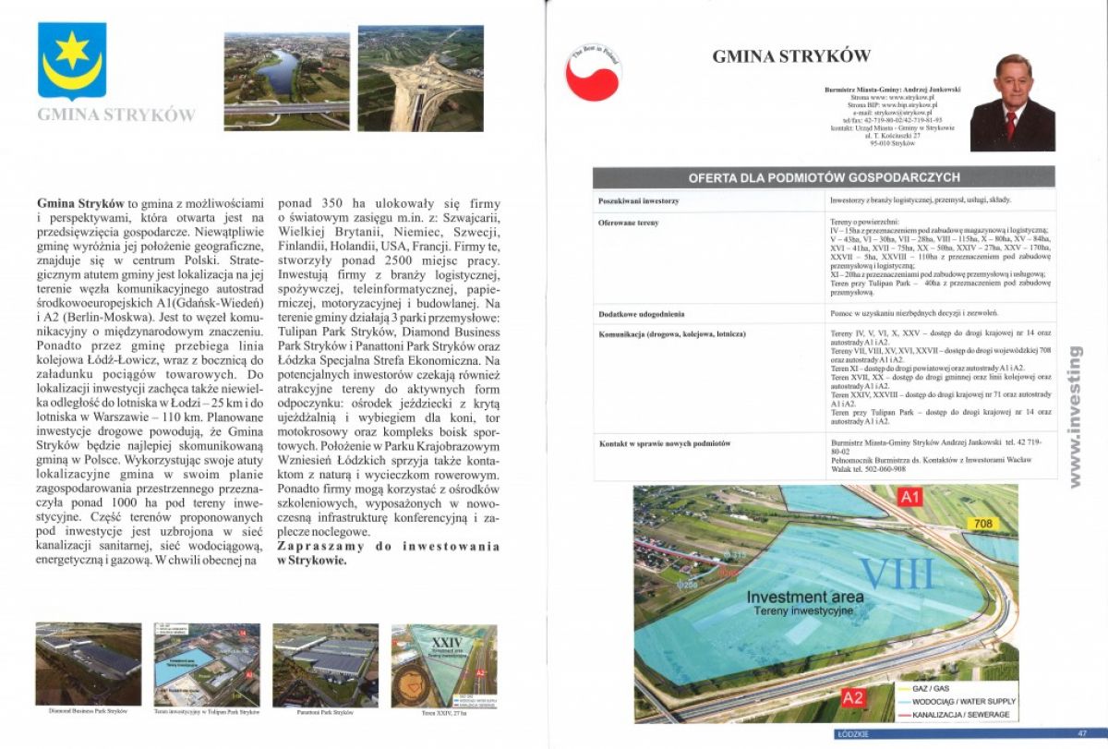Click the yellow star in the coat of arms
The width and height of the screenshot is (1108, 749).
coord(72,50)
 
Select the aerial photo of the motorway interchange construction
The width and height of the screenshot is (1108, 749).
coord(420,78)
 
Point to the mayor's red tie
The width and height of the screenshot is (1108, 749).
coord(1011,124)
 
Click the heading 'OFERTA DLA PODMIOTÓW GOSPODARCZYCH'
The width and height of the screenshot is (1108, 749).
coord(824,177)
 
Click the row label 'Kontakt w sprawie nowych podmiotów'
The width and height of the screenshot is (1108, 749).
coord(664,443)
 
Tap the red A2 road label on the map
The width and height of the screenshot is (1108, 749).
coord(853,697)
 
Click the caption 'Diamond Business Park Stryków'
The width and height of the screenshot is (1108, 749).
coord(88,712)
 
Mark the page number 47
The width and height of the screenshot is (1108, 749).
coord(1082,734)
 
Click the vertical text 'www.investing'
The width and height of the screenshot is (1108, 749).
coord(1074,416)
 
